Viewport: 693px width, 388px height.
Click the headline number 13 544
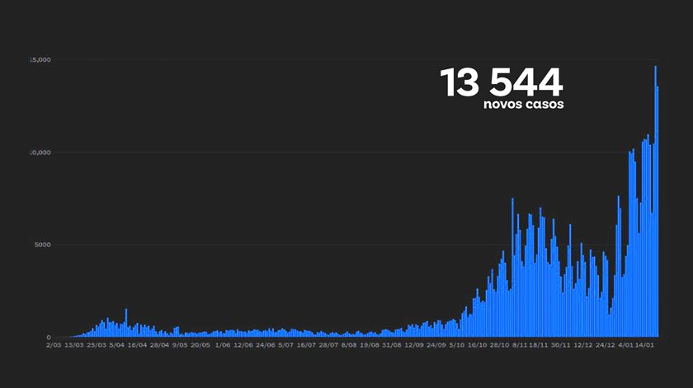[x=501, y=82]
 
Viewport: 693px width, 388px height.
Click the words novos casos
[x=524, y=105]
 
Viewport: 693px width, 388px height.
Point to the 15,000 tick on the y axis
[x=40, y=60]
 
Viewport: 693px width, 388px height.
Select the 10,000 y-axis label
[x=40, y=152]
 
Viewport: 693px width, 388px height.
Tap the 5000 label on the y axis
[x=42, y=245]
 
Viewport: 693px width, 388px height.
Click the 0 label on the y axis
[x=49, y=338]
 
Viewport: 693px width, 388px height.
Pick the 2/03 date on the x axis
[x=54, y=346]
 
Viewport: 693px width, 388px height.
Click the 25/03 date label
[x=96, y=346]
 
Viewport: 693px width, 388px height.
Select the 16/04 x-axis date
[x=138, y=346]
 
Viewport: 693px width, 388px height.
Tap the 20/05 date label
[x=200, y=346]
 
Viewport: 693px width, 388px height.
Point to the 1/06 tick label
[x=222, y=346]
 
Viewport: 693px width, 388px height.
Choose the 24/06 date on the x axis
[x=265, y=346]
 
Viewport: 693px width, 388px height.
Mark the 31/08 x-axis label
[x=391, y=346]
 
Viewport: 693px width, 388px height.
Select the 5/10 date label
[x=455, y=346]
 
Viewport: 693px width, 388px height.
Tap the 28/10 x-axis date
[x=498, y=346]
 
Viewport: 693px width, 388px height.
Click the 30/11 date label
[x=561, y=346]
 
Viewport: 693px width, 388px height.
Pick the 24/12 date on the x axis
[x=605, y=346]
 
